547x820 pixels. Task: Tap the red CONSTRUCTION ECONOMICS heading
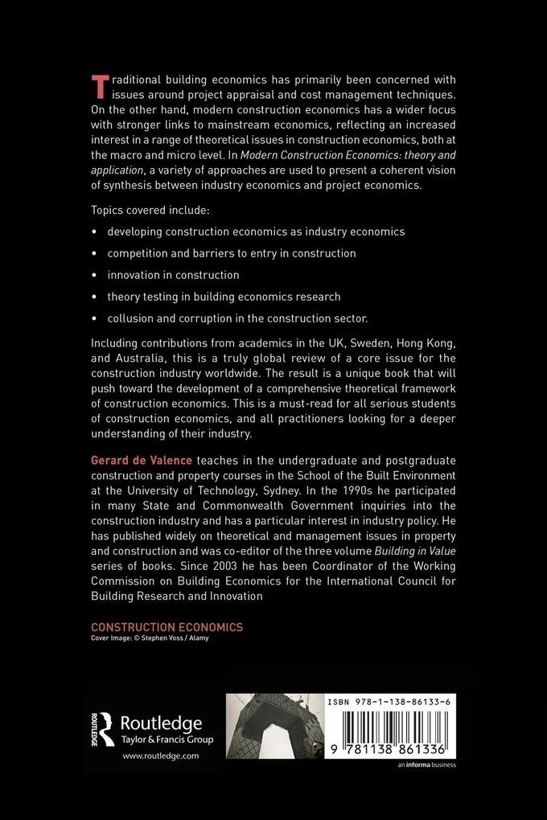tap(167, 627)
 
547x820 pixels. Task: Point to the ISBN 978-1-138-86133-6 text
tap(390, 702)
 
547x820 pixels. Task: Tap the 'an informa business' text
tap(426, 765)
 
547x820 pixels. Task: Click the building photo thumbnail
tap(273, 728)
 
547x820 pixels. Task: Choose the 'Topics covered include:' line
tap(150, 210)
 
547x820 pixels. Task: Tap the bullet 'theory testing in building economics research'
tap(224, 297)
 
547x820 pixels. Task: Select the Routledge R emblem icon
tap(103, 728)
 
